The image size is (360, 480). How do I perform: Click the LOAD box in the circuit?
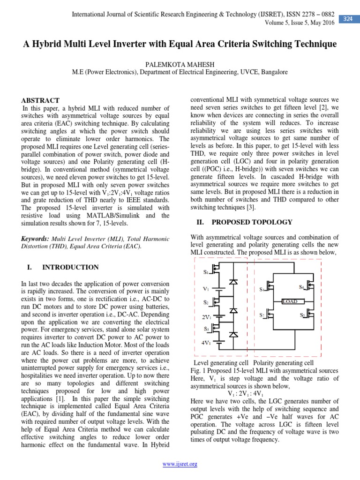(292, 301)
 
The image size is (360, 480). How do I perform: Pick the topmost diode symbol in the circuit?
(233, 281)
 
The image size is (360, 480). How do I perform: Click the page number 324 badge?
(347, 19)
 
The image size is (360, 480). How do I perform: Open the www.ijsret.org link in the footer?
(180, 464)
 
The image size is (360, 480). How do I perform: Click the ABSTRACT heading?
(41, 100)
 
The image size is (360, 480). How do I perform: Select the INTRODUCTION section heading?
(70, 267)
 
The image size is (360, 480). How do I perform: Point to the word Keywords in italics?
(37, 239)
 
